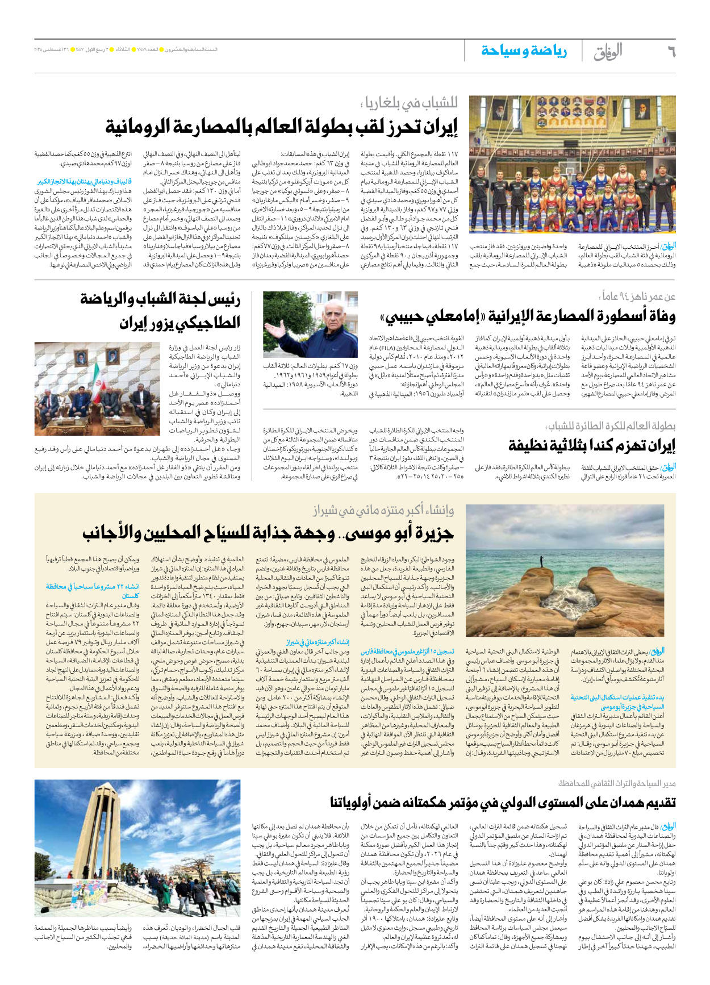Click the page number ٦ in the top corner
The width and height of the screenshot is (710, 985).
coord(671,51)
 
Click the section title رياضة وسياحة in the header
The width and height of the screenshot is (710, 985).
coord(524,51)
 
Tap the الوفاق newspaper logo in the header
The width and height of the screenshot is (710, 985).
coord(608,52)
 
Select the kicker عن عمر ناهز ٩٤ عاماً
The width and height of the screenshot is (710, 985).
coord(638,297)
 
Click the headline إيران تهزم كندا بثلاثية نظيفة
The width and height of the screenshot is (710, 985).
coord(591,445)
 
